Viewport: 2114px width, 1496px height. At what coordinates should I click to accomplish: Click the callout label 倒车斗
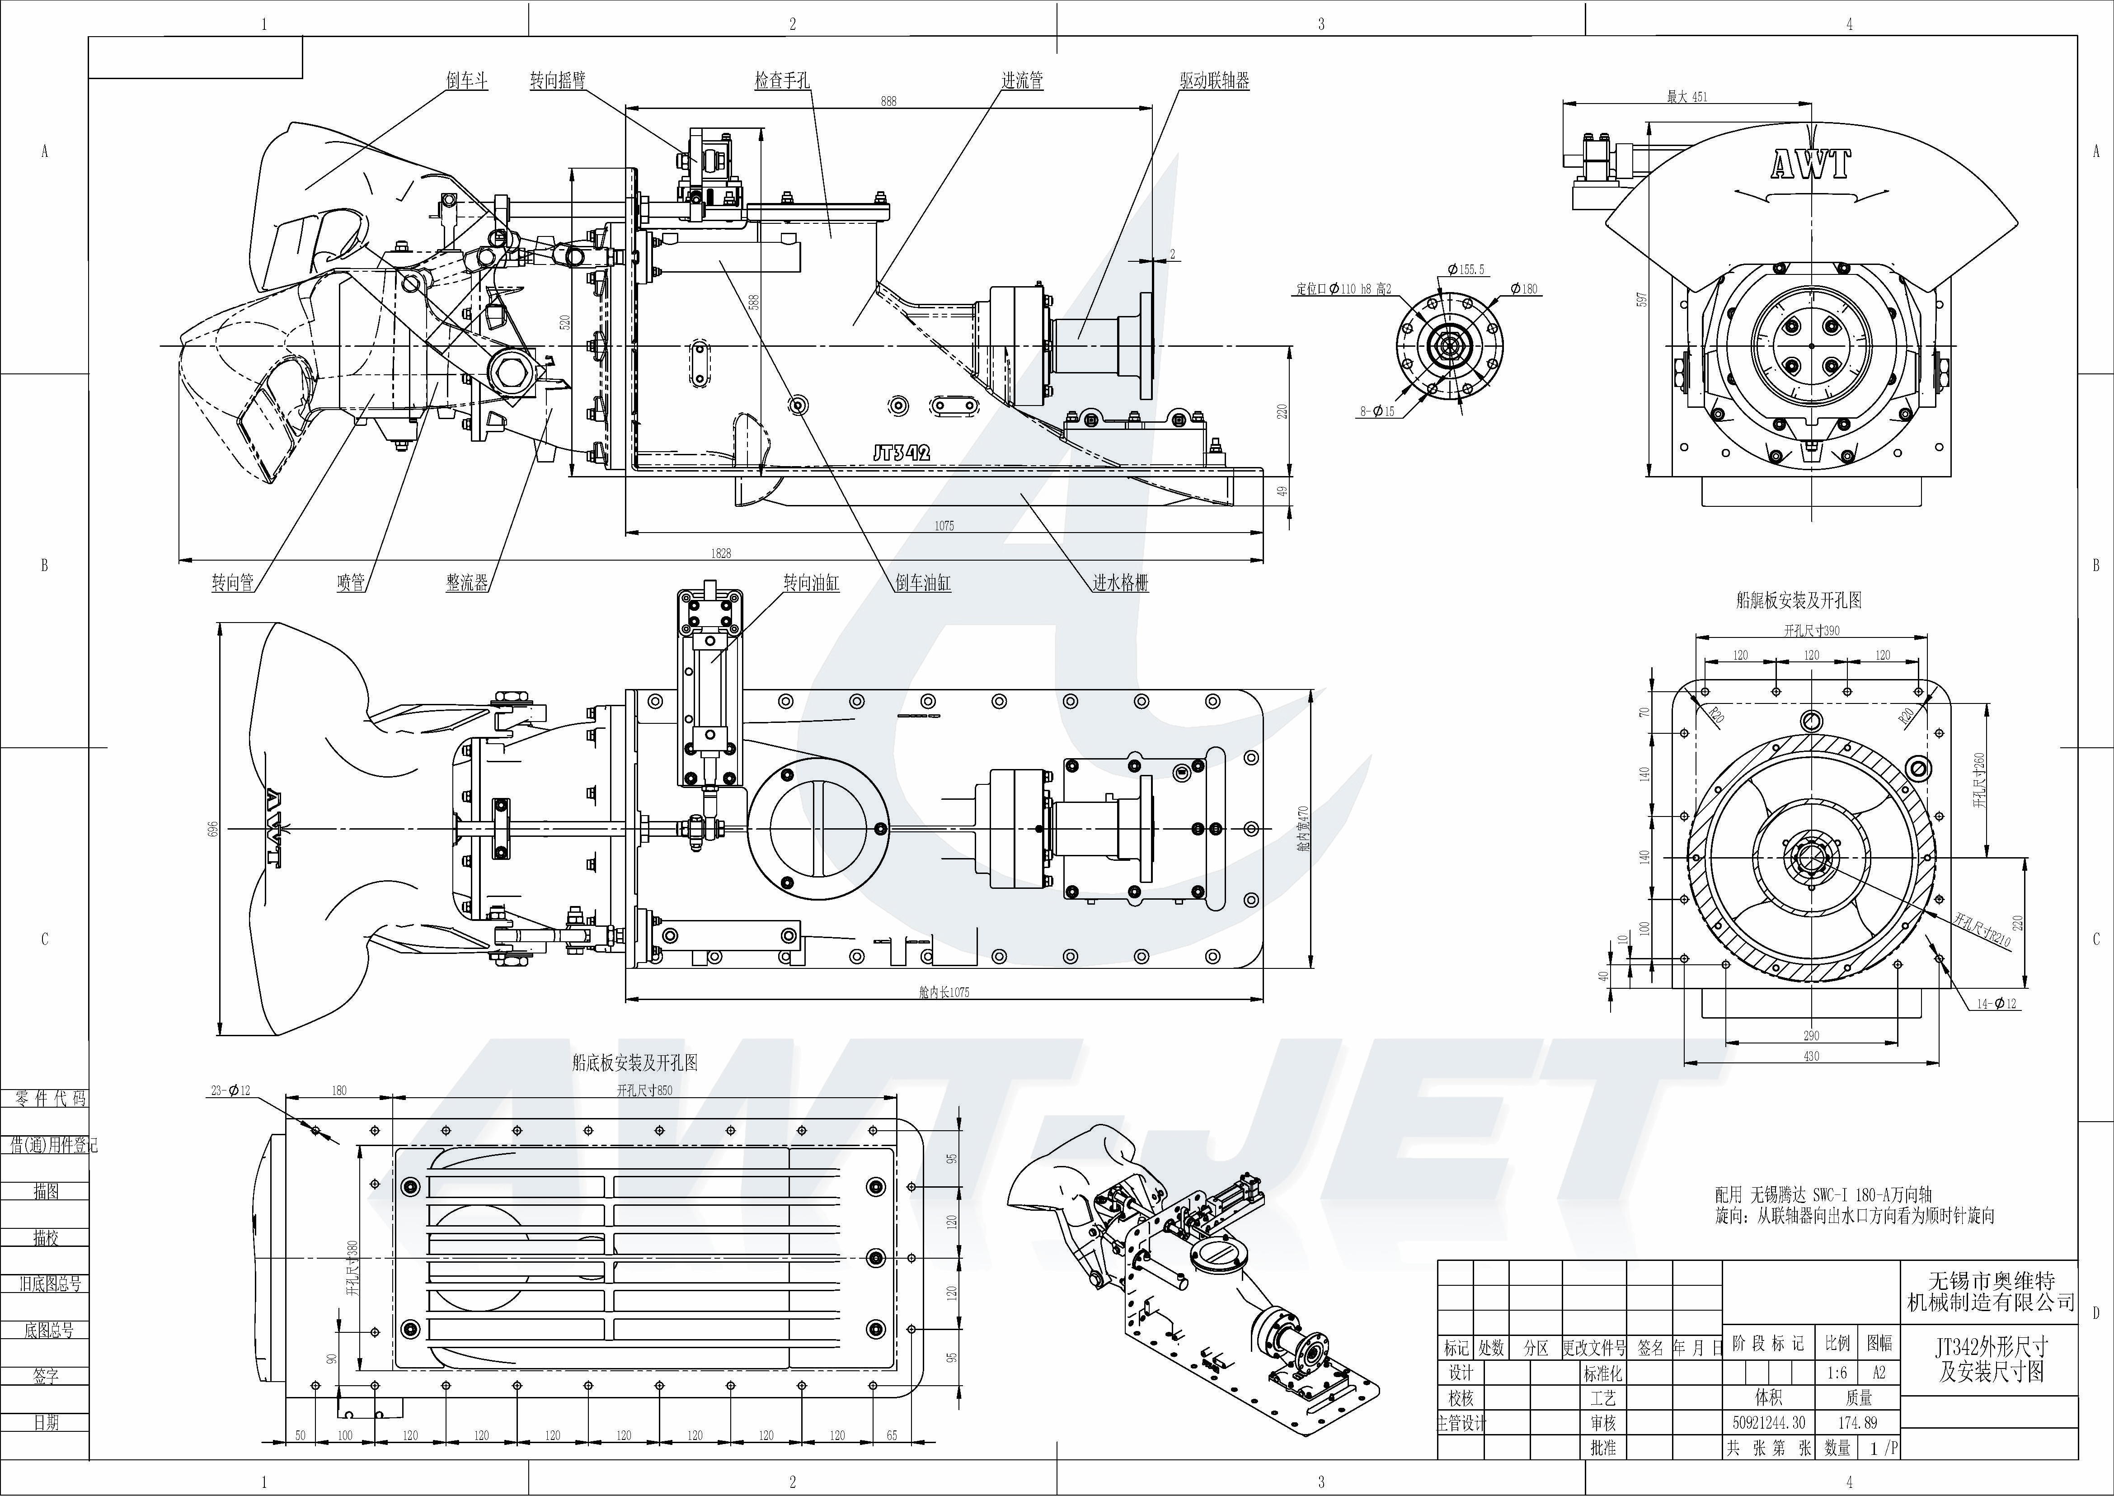467,81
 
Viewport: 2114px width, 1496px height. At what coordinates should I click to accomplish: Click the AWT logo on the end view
1810,165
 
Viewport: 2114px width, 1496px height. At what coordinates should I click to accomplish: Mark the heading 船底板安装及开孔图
634,1062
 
